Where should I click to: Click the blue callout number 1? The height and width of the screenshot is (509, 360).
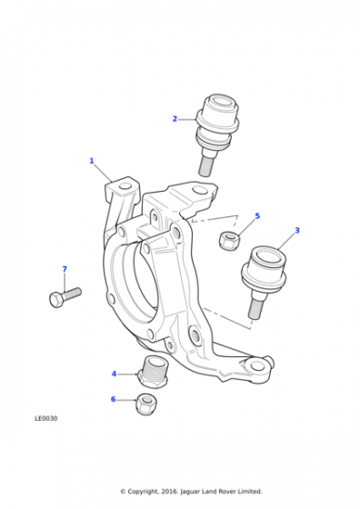click(92, 161)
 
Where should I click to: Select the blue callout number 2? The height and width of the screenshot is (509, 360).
click(175, 119)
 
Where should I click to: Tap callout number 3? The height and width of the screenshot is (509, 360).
click(297, 231)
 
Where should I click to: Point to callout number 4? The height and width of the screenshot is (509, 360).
click(114, 374)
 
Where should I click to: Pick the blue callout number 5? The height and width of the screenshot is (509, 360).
click(257, 216)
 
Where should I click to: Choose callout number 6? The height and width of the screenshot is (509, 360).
click(114, 399)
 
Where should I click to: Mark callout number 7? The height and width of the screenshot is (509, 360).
click(65, 269)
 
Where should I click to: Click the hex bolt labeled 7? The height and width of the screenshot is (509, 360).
click(65, 297)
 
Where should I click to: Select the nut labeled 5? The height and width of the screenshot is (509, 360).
click(229, 241)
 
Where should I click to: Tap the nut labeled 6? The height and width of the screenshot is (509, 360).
click(145, 404)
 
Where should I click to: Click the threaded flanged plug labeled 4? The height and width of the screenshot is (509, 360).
click(153, 372)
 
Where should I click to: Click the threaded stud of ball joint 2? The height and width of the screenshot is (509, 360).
click(206, 166)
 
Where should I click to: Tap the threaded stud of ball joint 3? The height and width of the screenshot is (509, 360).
click(255, 308)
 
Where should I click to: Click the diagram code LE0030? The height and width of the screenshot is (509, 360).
click(46, 418)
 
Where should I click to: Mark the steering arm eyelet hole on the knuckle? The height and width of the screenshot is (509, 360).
click(257, 365)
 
